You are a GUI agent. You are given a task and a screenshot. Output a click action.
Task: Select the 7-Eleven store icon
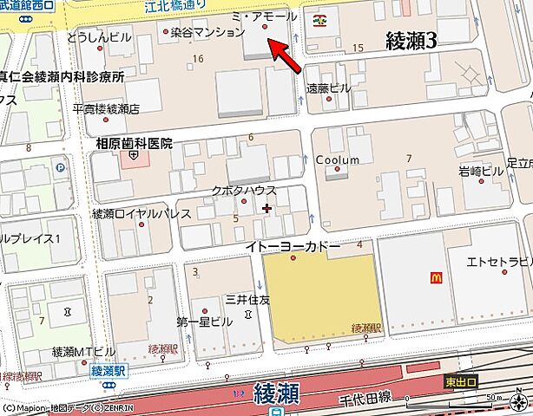[x=321, y=16]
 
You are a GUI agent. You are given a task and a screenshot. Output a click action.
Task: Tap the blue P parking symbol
[x=60, y=168]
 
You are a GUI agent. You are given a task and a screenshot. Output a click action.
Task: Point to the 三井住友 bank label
[x=248, y=300]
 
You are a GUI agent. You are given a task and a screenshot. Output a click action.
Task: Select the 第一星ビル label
[x=205, y=321]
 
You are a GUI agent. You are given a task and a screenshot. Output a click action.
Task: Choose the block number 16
[x=198, y=58]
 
